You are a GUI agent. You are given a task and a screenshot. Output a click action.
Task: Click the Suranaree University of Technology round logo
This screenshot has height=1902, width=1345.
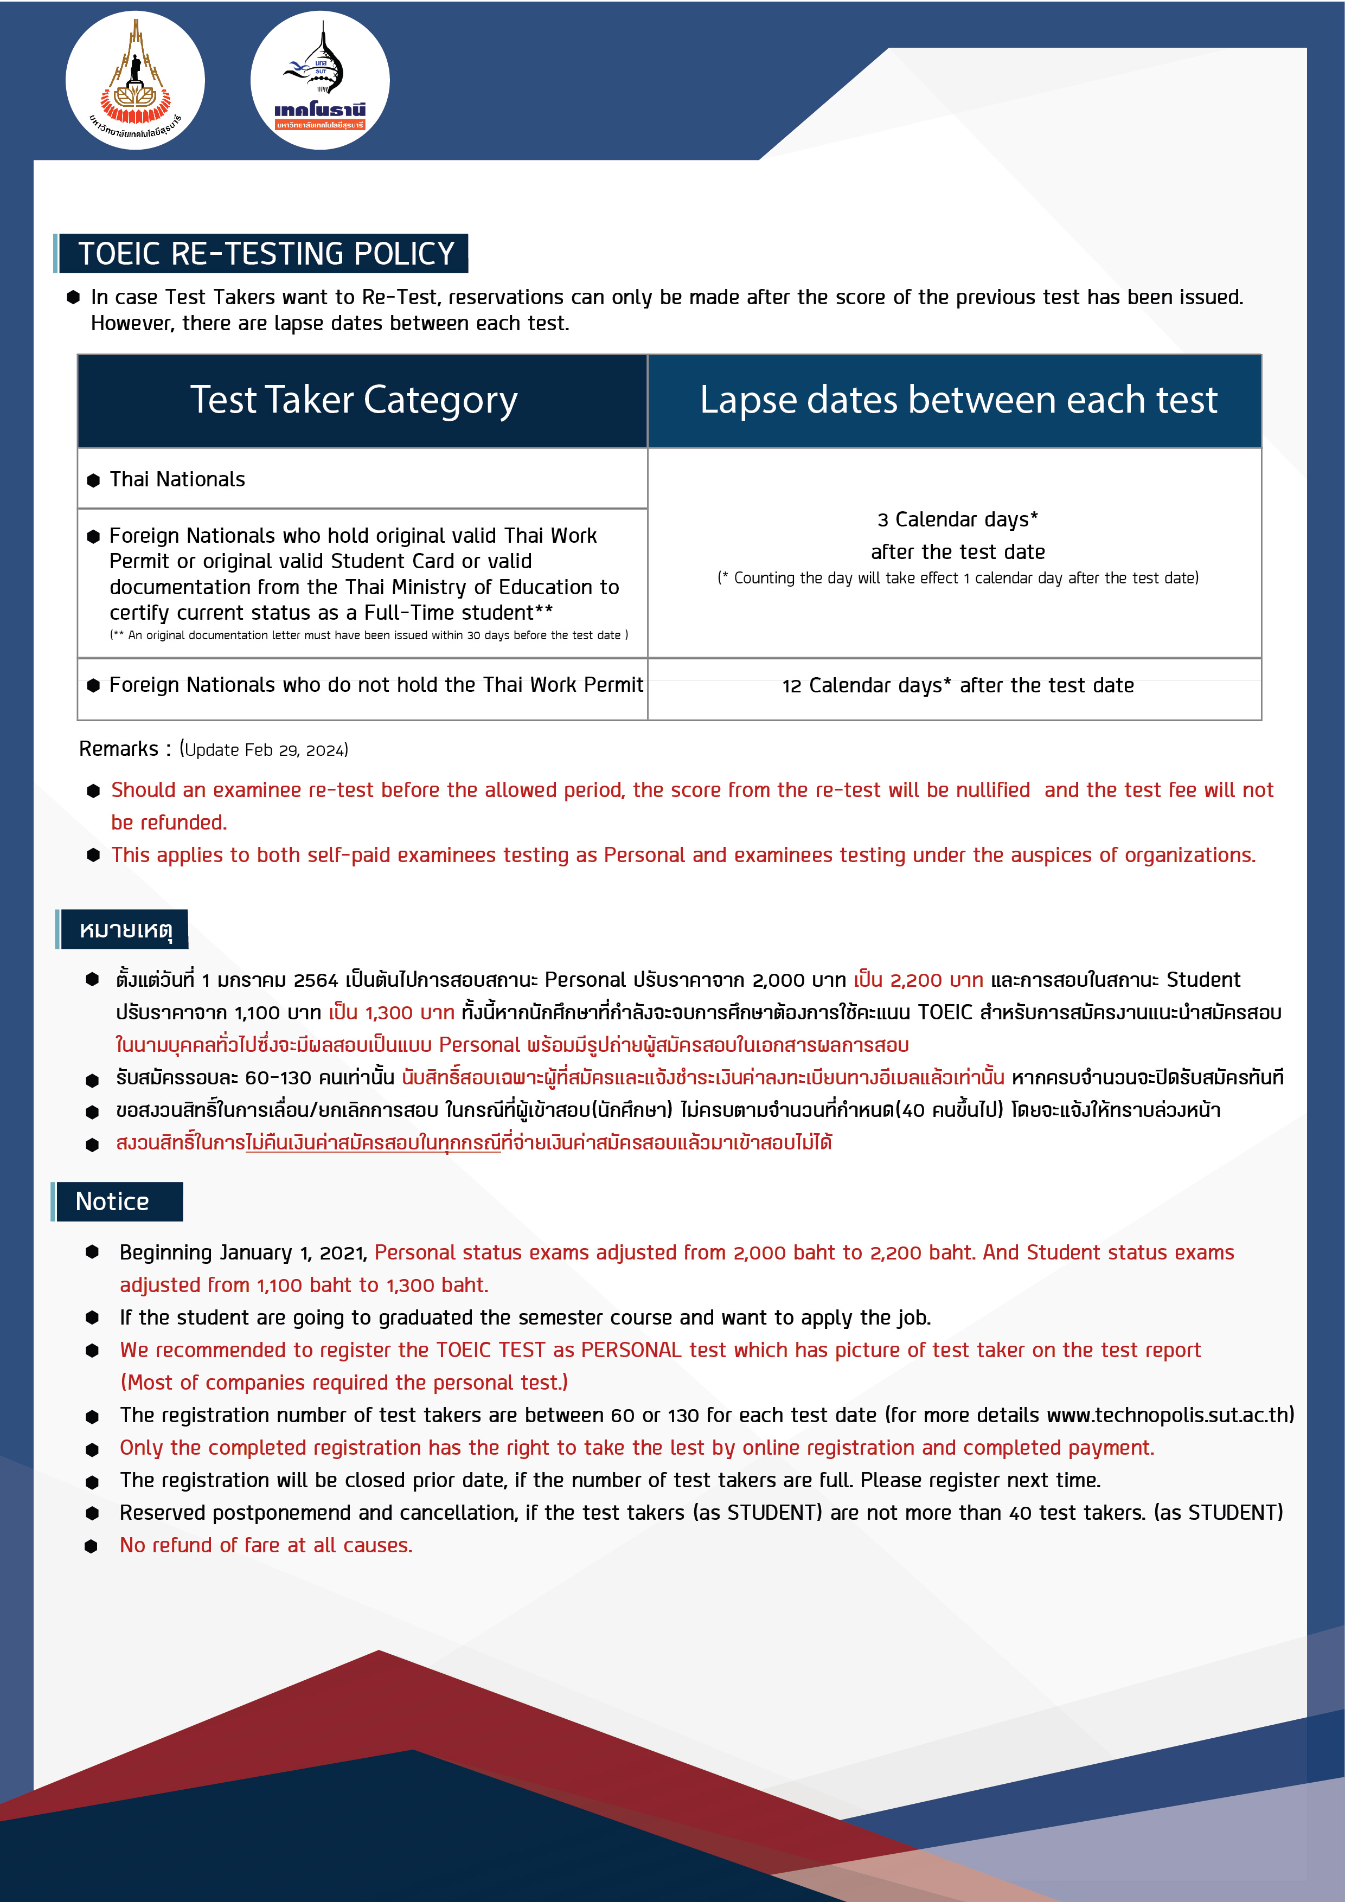(x=135, y=80)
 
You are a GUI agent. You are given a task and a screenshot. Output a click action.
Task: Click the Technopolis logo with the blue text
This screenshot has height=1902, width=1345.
(x=320, y=80)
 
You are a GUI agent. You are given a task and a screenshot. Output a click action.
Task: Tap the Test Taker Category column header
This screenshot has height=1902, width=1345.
(x=354, y=400)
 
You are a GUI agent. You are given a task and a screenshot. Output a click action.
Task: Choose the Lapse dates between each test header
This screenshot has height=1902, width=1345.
(x=958, y=400)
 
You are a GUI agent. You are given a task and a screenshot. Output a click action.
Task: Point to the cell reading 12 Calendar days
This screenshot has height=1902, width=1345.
(x=957, y=686)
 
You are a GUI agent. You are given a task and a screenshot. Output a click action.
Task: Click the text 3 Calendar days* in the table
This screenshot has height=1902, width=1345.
(x=957, y=519)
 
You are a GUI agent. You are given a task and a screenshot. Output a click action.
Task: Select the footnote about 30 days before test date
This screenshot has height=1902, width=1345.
(x=369, y=635)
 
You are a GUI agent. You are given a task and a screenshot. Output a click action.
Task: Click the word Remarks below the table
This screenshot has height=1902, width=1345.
(x=119, y=749)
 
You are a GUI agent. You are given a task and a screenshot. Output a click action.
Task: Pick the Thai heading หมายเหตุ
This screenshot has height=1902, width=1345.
(x=126, y=929)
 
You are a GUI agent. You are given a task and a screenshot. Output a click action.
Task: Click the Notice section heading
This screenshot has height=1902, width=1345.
(x=113, y=1201)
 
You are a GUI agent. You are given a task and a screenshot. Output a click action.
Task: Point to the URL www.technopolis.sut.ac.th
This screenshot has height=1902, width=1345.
(x=1169, y=1415)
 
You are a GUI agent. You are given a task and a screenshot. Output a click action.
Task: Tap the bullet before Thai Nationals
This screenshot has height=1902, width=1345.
(x=94, y=480)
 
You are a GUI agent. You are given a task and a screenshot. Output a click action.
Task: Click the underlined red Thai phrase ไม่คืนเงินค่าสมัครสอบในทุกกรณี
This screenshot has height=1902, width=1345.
(x=373, y=1143)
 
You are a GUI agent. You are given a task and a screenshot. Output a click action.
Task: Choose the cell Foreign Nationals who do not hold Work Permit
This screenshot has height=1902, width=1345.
(x=375, y=685)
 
